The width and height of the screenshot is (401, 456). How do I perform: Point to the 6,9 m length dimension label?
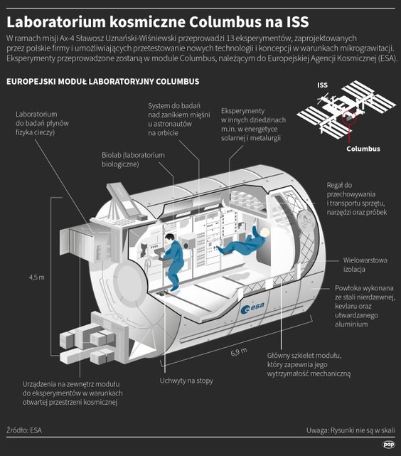(x=239, y=351)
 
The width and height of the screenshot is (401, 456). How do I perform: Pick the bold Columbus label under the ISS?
(x=363, y=149)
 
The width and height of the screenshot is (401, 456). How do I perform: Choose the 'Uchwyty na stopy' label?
(x=186, y=381)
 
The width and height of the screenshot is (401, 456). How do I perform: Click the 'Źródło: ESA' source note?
(x=23, y=430)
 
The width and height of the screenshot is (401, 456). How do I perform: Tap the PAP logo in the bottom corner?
(x=388, y=445)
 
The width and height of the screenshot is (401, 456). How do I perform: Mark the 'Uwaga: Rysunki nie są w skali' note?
(x=350, y=430)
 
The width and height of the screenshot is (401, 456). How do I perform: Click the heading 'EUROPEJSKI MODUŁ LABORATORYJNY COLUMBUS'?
(x=102, y=83)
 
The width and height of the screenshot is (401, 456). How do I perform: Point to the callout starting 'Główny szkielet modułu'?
(x=309, y=364)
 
